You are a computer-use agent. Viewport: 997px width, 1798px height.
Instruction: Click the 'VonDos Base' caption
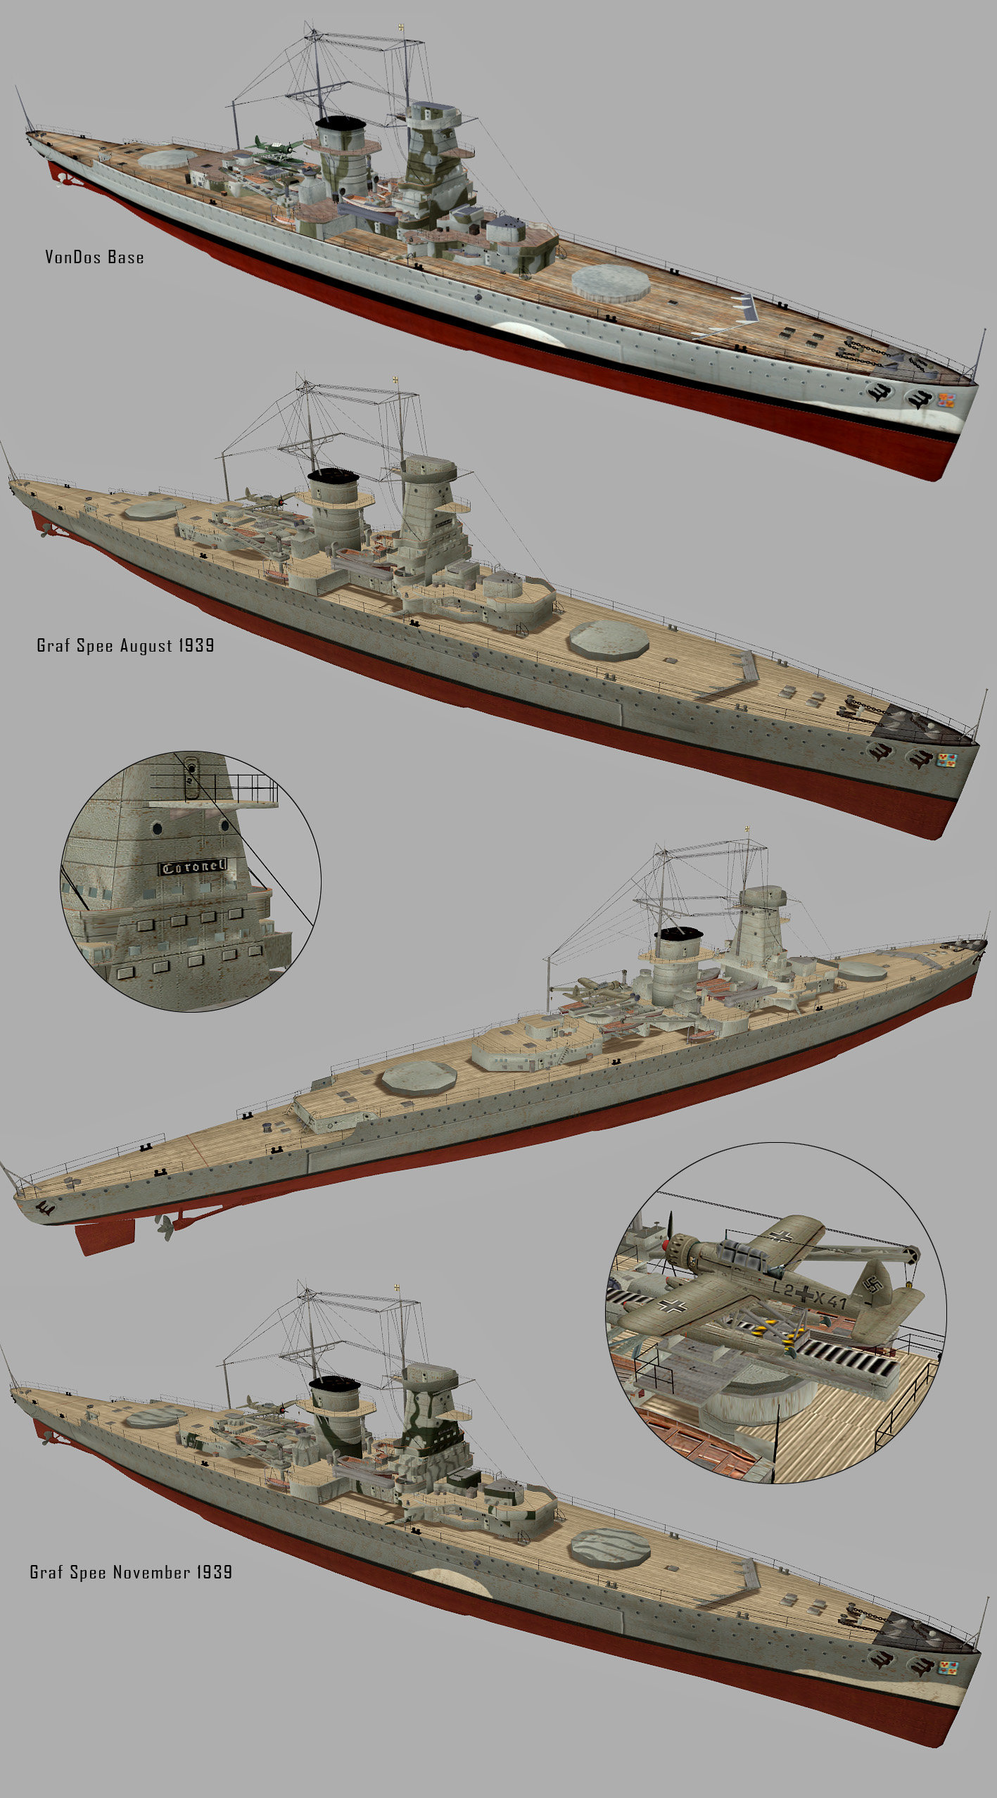tap(94, 258)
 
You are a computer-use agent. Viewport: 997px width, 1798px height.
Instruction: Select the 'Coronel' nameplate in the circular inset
tap(193, 866)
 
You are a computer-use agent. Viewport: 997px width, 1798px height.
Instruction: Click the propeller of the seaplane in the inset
tap(668, 1246)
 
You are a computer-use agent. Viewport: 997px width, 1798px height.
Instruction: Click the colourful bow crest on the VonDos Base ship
tap(946, 401)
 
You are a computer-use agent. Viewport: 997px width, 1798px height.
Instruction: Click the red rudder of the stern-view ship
tap(105, 1235)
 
